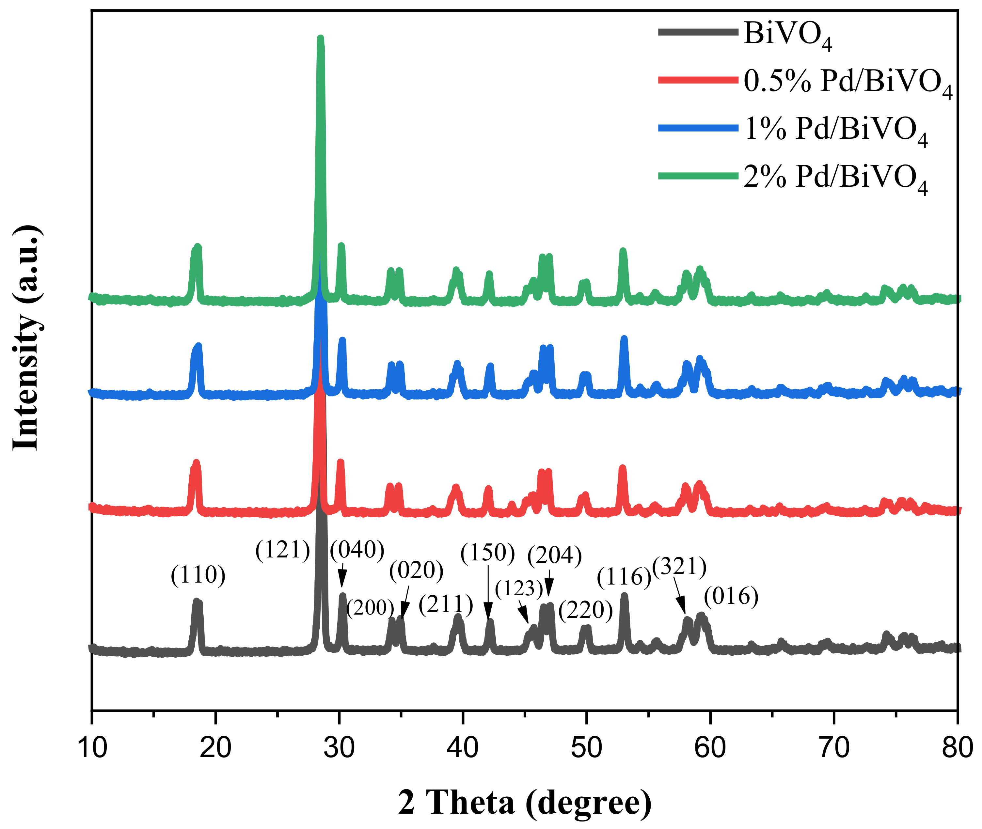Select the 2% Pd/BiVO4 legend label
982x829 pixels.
point(835,177)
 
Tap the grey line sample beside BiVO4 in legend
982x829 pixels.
point(698,32)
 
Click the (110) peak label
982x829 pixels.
point(198,575)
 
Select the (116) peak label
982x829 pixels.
point(624,577)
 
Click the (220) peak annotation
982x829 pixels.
point(586,610)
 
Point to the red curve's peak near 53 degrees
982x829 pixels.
point(622,468)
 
